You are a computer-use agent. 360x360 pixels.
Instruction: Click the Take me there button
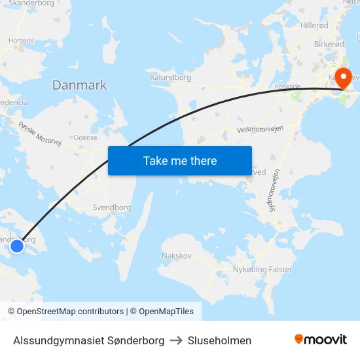point(180,160)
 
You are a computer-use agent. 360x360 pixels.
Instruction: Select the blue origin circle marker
point(17,246)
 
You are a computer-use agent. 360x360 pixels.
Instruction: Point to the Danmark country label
point(79,85)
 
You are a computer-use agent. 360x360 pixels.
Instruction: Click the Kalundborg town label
point(170,77)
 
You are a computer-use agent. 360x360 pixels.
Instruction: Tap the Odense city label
point(86,138)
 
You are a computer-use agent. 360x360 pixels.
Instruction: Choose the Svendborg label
point(112,207)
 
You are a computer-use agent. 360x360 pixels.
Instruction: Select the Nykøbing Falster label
point(262,269)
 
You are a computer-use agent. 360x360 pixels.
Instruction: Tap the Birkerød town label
point(329,44)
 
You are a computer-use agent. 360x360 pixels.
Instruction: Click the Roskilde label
point(288,86)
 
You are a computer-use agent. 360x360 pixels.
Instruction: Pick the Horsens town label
point(21,40)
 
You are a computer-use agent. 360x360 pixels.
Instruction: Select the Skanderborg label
point(31,3)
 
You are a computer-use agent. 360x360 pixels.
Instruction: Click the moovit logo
point(321,340)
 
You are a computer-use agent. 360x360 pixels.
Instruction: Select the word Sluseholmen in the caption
point(219,340)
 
